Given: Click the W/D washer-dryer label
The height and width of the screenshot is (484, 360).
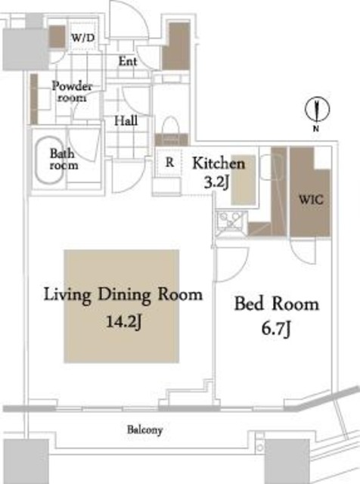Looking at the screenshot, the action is click(82, 38).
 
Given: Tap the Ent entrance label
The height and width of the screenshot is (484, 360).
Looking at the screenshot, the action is click(128, 61).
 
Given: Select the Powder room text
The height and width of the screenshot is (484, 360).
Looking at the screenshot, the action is click(72, 92).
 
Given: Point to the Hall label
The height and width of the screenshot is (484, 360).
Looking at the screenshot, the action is click(126, 120).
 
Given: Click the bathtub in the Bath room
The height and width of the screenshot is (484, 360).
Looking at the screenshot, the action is click(50, 160).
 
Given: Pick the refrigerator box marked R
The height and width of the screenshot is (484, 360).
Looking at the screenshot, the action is click(169, 163).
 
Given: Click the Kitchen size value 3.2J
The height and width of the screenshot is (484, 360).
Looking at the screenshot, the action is click(216, 183).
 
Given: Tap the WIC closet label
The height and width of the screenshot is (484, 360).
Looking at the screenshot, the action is click(311, 200).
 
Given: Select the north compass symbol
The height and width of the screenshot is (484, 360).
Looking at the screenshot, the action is click(317, 110).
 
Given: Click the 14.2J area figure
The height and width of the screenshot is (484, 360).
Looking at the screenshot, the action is click(124, 322).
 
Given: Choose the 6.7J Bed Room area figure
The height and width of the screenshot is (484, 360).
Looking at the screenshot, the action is click(276, 329).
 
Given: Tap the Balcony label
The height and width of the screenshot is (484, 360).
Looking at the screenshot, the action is click(144, 430).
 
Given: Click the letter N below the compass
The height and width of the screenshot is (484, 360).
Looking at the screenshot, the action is click(316, 129).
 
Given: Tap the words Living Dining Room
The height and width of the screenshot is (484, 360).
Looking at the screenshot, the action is click(123, 295).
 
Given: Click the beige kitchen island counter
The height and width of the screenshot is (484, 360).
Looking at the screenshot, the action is click(244, 180).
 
